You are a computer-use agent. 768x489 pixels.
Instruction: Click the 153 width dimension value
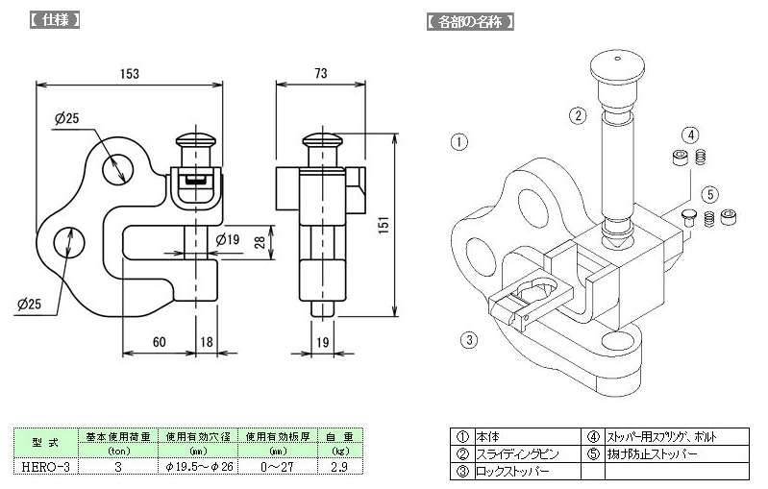click(x=130, y=74)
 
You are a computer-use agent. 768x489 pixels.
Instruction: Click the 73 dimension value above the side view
click(x=321, y=73)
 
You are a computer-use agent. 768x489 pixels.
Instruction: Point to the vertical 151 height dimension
click(x=384, y=225)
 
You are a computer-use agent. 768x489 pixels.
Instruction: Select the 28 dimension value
click(x=260, y=242)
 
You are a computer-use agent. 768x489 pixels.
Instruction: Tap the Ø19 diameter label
click(x=227, y=239)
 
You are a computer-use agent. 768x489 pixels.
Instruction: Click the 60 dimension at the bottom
click(x=160, y=342)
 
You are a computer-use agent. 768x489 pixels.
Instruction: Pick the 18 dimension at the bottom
click(x=207, y=342)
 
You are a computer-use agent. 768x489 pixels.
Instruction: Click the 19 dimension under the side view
click(x=322, y=342)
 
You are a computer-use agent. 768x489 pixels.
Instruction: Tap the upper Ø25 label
click(x=66, y=118)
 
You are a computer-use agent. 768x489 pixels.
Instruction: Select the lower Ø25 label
click(x=30, y=304)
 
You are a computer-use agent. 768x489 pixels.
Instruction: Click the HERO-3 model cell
click(x=45, y=467)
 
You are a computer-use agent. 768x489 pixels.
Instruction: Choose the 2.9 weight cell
click(x=339, y=467)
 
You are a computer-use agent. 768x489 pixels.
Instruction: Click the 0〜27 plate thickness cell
click(x=277, y=467)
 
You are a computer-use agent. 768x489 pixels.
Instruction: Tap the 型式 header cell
click(x=45, y=443)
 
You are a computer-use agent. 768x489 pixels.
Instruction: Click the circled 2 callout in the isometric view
click(x=578, y=115)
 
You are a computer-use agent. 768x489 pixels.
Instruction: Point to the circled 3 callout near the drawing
click(x=469, y=340)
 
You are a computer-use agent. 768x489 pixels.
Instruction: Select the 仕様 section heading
click(x=55, y=20)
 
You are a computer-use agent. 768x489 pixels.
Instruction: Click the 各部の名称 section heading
click(x=470, y=22)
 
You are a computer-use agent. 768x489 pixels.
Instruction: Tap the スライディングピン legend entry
click(x=517, y=454)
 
